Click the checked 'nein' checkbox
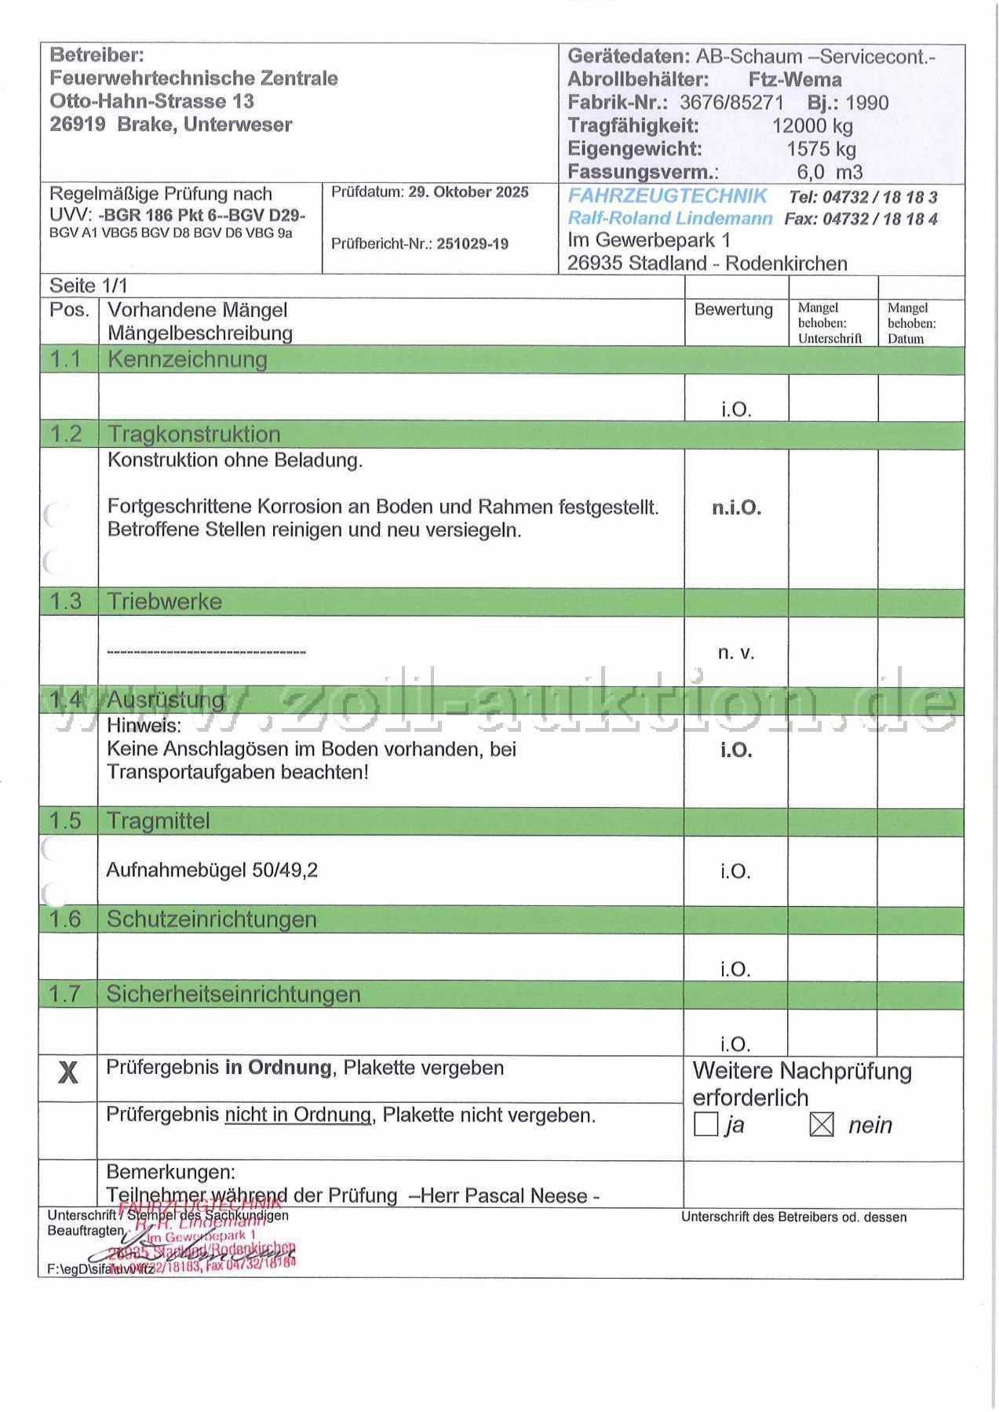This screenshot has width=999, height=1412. pos(821,1125)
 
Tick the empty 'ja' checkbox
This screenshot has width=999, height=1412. pos(705,1125)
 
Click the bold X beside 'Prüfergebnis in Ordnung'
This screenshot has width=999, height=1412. pos(68,1072)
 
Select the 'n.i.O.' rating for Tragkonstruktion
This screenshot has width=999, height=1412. pos(736,508)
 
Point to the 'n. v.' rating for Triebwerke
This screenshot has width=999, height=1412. pos(735,653)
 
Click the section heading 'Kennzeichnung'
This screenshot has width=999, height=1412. pos(188,359)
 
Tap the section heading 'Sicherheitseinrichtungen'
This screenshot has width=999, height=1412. pos(233,994)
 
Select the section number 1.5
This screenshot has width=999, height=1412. pos(65,821)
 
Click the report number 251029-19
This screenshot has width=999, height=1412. pos(472,244)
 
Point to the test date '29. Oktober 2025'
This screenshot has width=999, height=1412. pos(469,192)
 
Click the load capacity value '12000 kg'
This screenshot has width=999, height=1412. pos(812,126)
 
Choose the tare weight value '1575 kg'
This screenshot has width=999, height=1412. pos(821,149)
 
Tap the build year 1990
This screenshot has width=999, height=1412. pos(867,103)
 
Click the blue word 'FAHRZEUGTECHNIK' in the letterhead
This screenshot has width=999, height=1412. pos(667,196)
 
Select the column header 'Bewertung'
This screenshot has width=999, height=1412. pos(733,310)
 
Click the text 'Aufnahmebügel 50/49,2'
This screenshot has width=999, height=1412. pos(212,870)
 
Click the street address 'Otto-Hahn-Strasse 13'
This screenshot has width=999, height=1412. pos(151,101)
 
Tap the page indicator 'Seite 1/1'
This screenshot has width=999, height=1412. pos(88,286)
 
